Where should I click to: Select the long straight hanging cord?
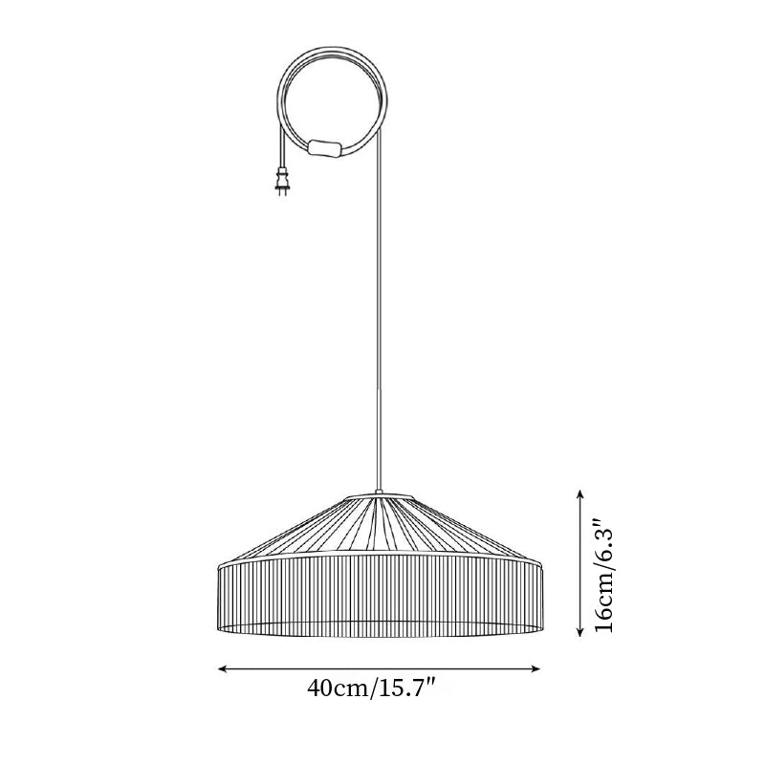click(380, 287)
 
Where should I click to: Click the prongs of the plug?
click(281, 194)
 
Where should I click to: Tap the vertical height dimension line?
click(580, 564)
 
